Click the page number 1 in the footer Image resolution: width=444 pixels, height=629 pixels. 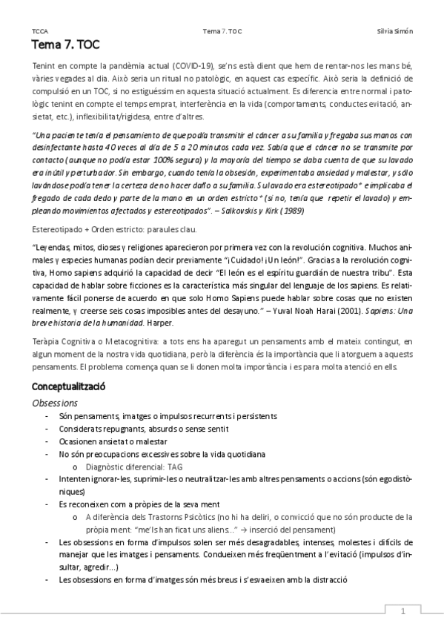click(403, 612)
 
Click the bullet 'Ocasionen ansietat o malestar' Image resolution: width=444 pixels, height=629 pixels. click(113, 441)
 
